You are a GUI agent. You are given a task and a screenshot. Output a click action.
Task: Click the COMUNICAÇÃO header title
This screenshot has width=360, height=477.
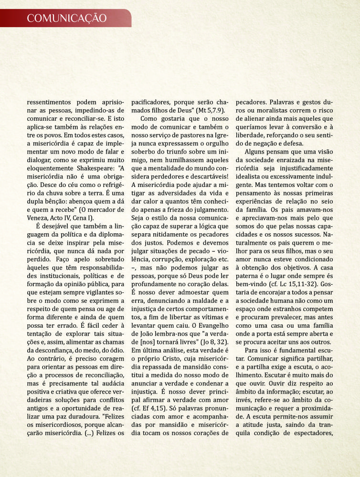tap(66, 19)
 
